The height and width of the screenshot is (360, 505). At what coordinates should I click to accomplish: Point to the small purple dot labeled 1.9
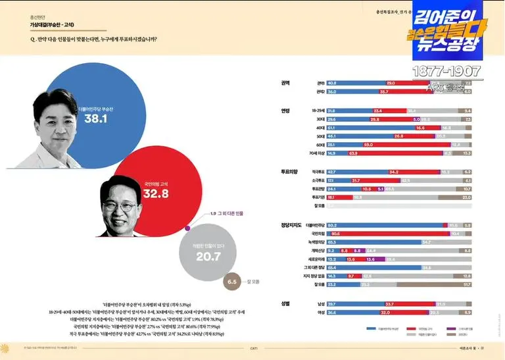coord(188,228)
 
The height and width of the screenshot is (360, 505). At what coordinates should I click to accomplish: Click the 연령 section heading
coord(285,111)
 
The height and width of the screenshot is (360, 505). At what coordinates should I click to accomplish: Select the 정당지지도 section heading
coord(291,225)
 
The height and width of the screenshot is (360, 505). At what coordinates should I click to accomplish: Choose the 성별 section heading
coord(285,303)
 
